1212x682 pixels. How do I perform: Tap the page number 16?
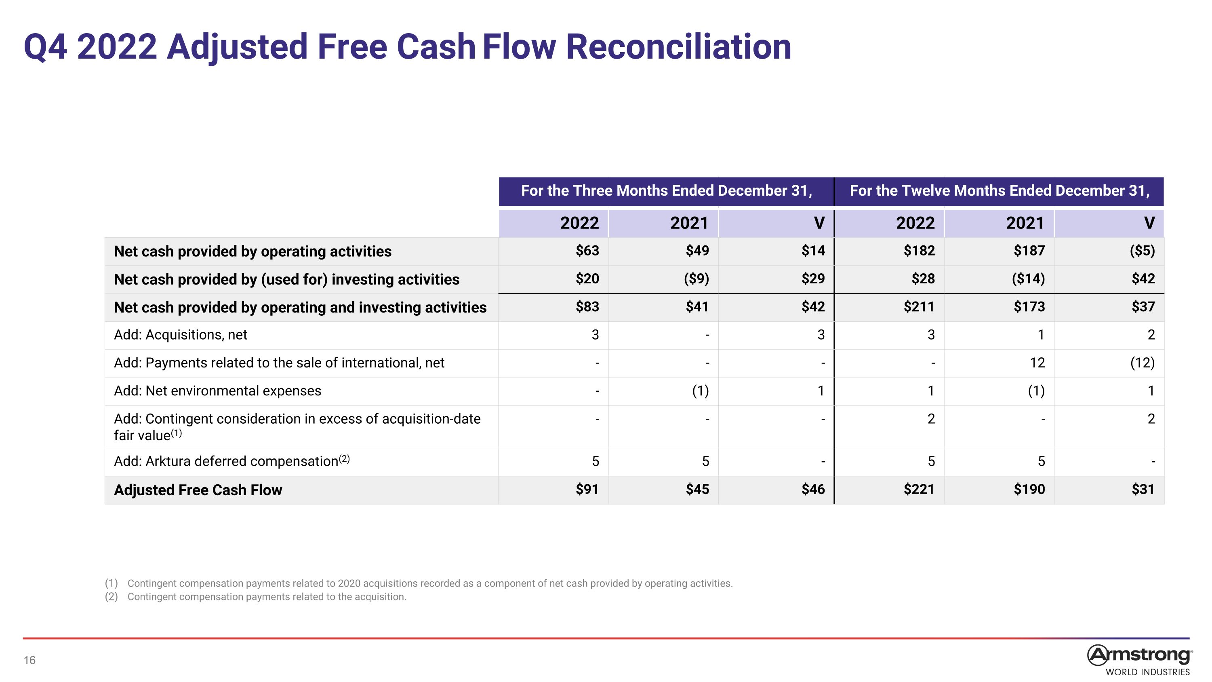[29, 660]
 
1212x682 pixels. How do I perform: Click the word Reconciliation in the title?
[678, 46]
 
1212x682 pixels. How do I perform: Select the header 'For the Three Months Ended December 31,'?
[667, 191]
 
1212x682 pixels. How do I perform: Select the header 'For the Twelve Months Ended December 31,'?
[1000, 191]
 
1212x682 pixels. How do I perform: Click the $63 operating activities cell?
[587, 250]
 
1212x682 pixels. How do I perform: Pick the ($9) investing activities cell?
[696, 279]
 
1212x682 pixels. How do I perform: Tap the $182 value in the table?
[920, 250]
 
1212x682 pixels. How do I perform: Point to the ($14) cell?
[1028, 279]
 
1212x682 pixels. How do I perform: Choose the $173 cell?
[1029, 307]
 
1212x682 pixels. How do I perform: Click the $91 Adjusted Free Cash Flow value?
[587, 490]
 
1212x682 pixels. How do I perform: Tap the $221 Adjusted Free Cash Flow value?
[919, 490]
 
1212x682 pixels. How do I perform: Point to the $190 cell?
[1029, 490]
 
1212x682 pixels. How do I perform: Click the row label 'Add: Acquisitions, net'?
[180, 335]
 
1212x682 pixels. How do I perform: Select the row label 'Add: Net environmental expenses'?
[217, 391]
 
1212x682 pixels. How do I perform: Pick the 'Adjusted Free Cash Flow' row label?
[198, 490]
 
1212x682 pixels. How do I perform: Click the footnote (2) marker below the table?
[111, 597]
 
